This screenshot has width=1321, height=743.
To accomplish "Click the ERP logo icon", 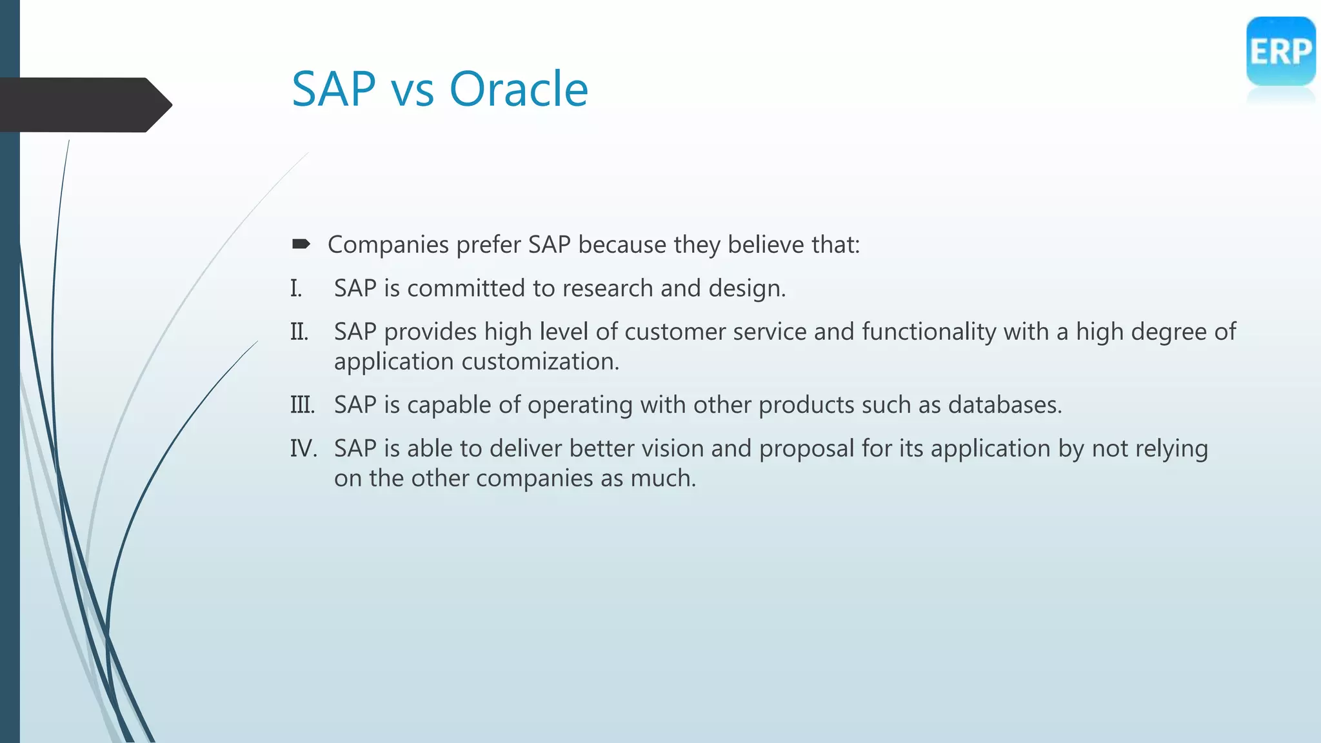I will tap(1280, 52).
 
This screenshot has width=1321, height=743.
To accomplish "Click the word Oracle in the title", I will tap(519, 89).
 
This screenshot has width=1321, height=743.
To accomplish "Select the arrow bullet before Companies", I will tap(301, 244).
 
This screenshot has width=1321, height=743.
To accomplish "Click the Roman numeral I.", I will tap(296, 288).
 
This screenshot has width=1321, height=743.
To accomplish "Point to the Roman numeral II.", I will tap(299, 332).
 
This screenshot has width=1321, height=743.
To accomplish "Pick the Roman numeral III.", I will tap(303, 405).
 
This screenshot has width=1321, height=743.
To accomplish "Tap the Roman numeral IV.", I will tap(303, 448).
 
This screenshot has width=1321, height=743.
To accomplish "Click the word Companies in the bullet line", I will tap(388, 245).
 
